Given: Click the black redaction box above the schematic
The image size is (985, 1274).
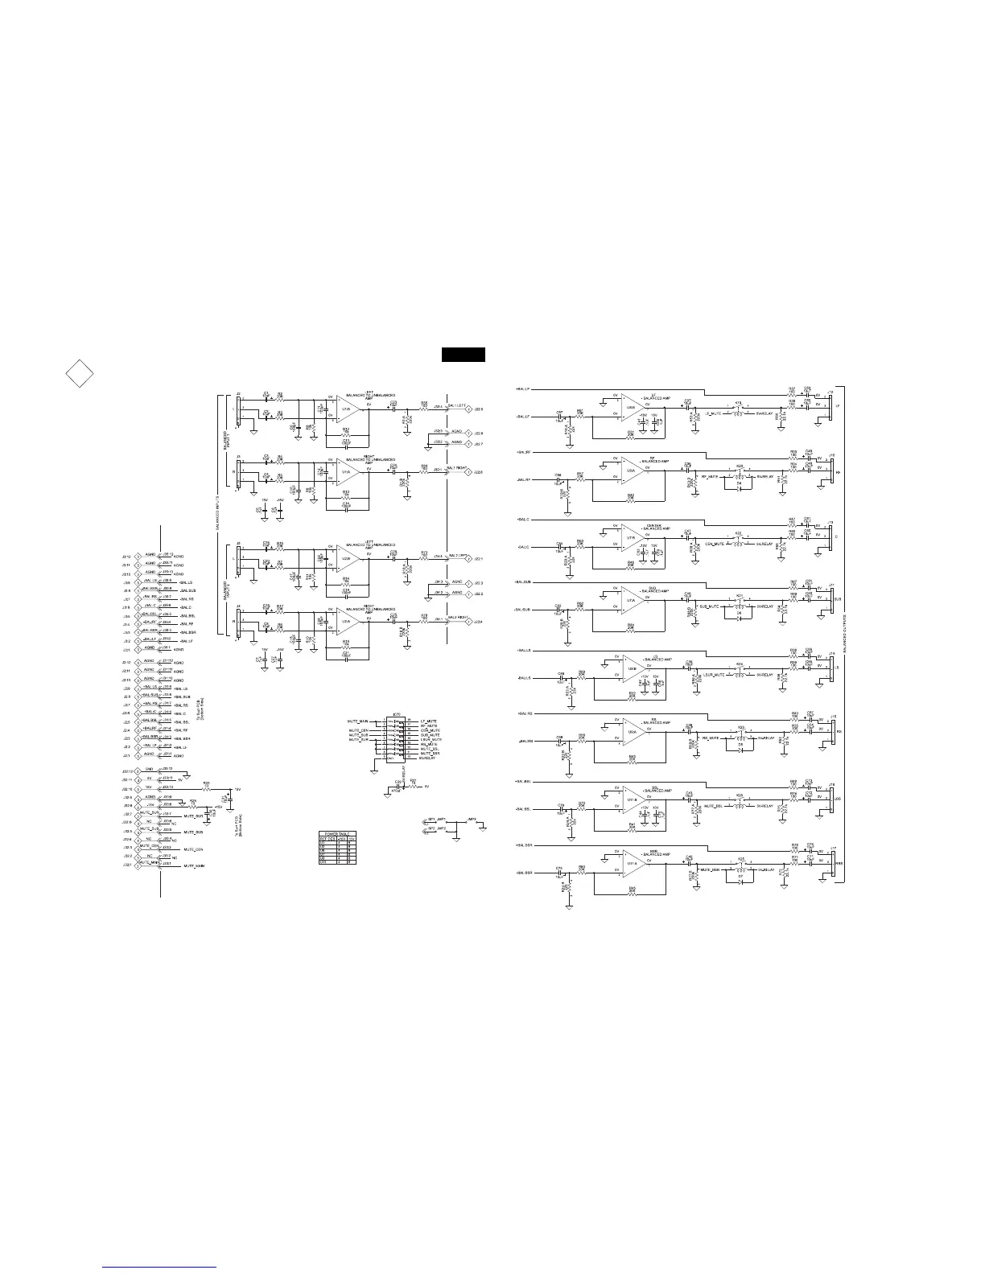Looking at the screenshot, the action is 463,355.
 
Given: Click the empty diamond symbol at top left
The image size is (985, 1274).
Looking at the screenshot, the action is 78,373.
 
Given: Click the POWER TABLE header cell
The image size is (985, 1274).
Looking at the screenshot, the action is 334,833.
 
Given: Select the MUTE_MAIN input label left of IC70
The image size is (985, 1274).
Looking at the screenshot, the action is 358,721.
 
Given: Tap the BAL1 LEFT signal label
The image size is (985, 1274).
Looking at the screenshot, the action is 456,405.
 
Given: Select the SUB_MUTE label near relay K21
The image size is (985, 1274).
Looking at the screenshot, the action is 708,607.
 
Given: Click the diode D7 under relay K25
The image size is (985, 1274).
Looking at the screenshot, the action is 740,879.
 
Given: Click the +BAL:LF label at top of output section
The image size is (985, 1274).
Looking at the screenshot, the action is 523,389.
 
